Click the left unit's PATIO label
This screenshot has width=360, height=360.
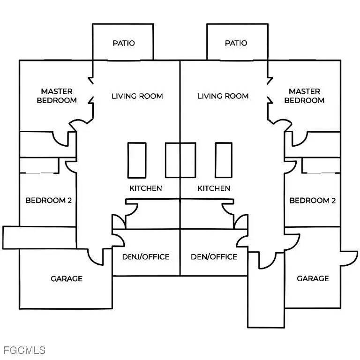[x=124, y=43]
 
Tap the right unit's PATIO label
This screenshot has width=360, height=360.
[x=236, y=43]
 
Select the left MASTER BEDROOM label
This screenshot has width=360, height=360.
[x=57, y=96]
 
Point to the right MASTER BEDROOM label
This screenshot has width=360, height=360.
[x=304, y=96]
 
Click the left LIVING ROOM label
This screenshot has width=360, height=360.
[x=137, y=96]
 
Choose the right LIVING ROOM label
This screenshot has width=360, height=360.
[x=223, y=96]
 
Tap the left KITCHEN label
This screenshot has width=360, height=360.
[x=146, y=188]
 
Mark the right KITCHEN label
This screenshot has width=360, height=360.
[x=214, y=188]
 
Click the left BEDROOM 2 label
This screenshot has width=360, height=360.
[x=48, y=201]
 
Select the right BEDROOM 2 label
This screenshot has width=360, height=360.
[x=312, y=201]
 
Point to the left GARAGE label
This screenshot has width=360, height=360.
[x=67, y=278]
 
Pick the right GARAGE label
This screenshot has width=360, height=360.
[x=313, y=278]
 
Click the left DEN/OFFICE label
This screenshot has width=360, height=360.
[x=146, y=257]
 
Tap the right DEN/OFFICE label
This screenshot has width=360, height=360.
[x=214, y=257]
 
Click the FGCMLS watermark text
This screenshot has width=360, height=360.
[x=24, y=350]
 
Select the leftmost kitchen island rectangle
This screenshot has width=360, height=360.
[x=136, y=160]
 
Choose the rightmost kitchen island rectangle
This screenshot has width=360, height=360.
[x=224, y=160]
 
